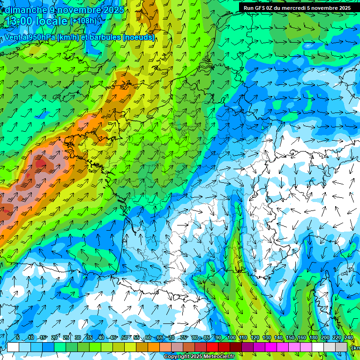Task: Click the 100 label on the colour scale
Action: tap(231, 338)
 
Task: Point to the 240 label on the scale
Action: tap(348, 338)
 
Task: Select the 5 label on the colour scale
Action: tap(17, 338)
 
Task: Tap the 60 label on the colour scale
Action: tap(148, 338)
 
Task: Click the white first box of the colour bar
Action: tap(13, 347)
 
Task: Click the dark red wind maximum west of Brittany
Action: tap(41, 164)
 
